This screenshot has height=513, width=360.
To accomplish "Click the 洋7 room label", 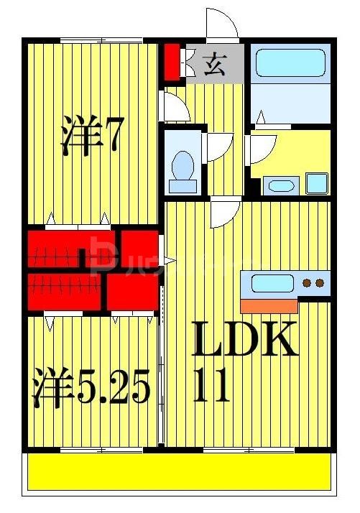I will click(89, 135).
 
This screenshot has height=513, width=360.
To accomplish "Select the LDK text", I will click(245, 340).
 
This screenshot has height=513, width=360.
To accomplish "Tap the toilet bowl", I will click(183, 169).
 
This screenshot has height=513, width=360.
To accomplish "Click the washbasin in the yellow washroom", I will click(278, 186).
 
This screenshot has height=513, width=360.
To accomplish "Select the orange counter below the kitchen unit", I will click(269, 305).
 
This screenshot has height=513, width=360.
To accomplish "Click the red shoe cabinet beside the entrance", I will click(171, 63).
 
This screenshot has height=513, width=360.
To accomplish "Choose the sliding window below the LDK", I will click(248, 450).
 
